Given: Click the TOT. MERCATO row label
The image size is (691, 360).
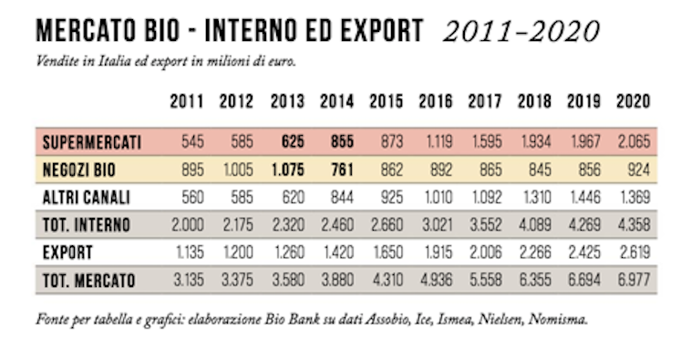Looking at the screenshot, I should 88,281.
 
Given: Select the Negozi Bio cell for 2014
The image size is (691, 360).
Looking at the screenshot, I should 336,170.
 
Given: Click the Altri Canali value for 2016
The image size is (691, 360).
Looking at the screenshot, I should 434,198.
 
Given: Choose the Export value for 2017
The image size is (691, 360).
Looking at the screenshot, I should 483,252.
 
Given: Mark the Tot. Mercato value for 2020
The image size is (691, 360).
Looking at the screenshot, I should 632,281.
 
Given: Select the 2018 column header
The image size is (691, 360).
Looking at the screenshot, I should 533,101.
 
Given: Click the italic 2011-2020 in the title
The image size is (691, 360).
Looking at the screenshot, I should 521,32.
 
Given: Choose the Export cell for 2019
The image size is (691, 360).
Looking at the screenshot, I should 582,252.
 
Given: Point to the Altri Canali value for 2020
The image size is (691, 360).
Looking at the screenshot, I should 632,198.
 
